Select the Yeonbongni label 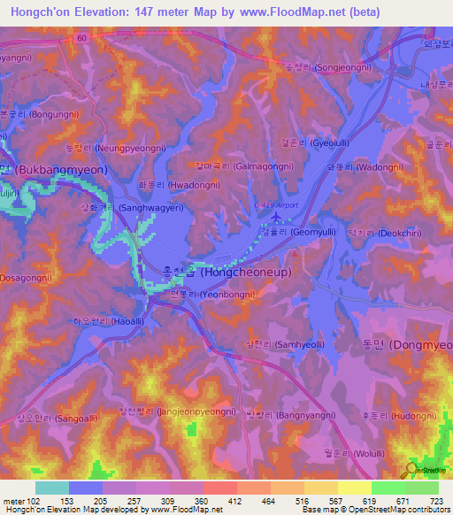click(x=216, y=294)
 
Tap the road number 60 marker click(x=81, y=39)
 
